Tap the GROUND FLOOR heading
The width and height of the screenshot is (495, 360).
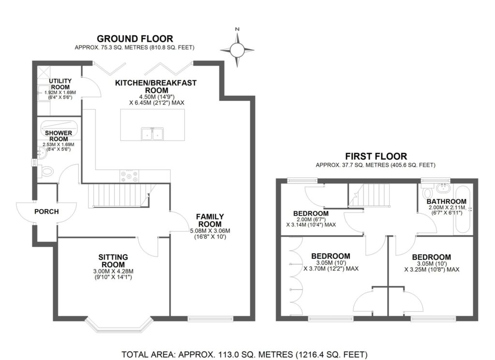click(x=135, y=39)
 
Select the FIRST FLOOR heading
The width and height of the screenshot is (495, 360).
click(x=376, y=156)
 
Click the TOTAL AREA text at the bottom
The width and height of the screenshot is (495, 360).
click(x=244, y=354)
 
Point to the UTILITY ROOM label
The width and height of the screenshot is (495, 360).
click(x=60, y=84)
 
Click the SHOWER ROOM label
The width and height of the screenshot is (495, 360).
click(x=58, y=136)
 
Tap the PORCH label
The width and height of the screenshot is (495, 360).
click(x=46, y=212)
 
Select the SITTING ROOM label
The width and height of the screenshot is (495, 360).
click(x=113, y=261)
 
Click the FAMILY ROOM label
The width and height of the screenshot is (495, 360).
click(x=210, y=220)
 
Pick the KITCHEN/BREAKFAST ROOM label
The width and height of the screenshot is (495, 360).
click(x=156, y=86)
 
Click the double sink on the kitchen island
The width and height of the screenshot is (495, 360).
click(x=152, y=133)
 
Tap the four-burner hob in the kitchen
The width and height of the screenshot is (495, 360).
click(x=129, y=176)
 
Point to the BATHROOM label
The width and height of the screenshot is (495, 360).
click(x=446, y=202)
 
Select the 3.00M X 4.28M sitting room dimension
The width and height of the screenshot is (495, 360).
click(x=113, y=272)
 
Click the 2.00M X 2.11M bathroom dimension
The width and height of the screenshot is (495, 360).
click(x=447, y=208)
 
